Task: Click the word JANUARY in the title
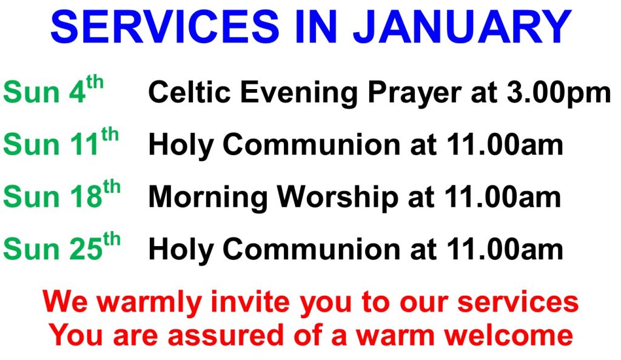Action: point(462,27)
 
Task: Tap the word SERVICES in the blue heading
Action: point(165,27)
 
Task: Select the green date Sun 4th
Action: point(53,89)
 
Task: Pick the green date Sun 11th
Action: point(61,141)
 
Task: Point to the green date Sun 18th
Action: point(62,193)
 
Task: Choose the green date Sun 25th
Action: point(62,245)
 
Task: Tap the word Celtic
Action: point(189,92)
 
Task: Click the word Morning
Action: point(208,198)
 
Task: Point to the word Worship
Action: point(337,198)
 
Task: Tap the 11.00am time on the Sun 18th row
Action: point(503,196)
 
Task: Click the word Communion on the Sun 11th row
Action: point(312,144)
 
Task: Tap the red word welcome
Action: point(509,335)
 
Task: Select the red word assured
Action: point(226,336)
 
